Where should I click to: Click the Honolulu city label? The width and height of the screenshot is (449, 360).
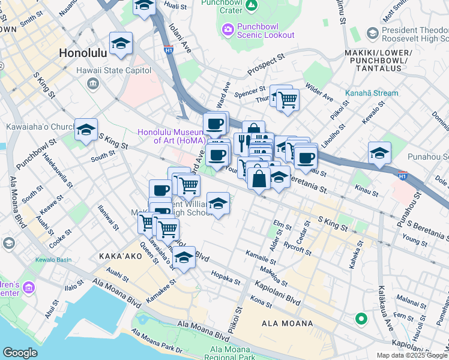(x=83, y=53)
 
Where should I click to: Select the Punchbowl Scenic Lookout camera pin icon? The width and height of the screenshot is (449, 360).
(x=228, y=28)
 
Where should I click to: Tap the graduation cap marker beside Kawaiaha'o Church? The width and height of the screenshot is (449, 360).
(x=86, y=130)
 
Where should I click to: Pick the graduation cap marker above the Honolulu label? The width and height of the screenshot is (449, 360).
(x=121, y=44)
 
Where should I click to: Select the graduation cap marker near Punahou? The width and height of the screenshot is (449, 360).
(x=379, y=154)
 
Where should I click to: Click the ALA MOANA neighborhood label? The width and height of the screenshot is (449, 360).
(x=287, y=323)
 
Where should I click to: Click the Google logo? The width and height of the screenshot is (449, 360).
(x=20, y=353)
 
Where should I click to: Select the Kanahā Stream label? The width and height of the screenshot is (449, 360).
(x=371, y=93)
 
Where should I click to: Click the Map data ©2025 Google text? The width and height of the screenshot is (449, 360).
(x=412, y=355)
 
